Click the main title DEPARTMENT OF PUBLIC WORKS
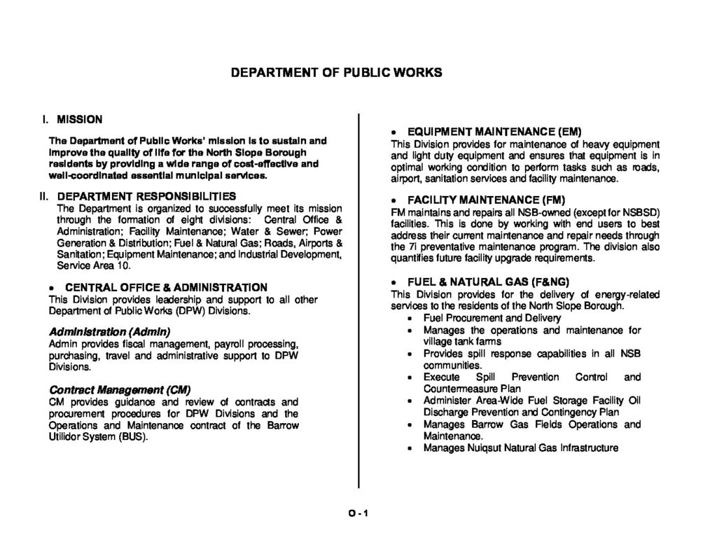[x=336, y=73]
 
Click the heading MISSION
[x=79, y=119]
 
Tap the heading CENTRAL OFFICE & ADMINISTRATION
[x=166, y=287]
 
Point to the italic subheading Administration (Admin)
[x=109, y=331]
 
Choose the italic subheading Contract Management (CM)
[x=120, y=389]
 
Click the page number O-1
[x=358, y=513]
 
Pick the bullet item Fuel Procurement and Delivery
[x=482, y=317]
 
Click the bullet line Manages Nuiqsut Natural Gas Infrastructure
[x=521, y=448]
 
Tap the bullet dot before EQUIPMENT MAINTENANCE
[x=395, y=132]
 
